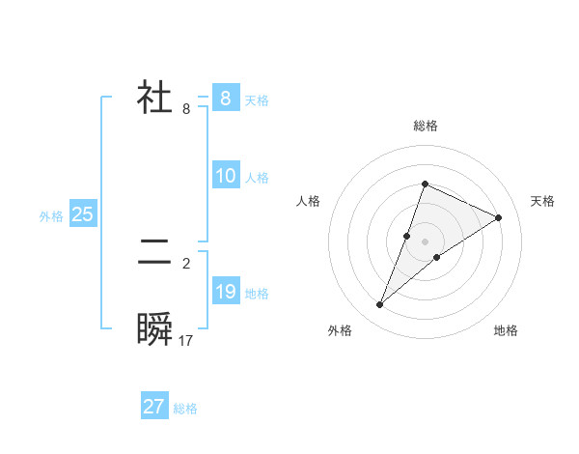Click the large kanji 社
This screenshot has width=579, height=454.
(154, 98)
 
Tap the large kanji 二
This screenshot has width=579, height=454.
(154, 253)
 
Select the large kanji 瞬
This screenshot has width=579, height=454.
(154, 328)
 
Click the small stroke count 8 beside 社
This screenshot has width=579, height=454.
(186, 109)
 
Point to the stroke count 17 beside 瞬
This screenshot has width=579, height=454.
(186, 341)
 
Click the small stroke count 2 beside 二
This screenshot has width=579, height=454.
(186, 263)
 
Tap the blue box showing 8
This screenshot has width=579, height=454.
(225, 98)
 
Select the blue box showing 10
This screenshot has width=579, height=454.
(225, 176)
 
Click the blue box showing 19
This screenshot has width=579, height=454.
(225, 292)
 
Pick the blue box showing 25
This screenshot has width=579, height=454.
(83, 214)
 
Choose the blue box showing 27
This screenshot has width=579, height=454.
(154, 407)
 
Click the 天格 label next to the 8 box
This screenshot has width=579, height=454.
(257, 99)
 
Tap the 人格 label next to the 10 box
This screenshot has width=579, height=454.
(257, 178)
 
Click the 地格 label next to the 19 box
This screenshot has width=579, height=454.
(257, 294)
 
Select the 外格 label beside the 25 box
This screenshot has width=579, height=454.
(51, 216)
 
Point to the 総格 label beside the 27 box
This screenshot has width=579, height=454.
(185, 409)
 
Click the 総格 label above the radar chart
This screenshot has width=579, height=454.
(425, 126)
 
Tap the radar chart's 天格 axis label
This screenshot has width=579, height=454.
(543, 201)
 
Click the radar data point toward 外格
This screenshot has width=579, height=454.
(380, 305)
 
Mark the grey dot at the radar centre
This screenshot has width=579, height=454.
(425, 241)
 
